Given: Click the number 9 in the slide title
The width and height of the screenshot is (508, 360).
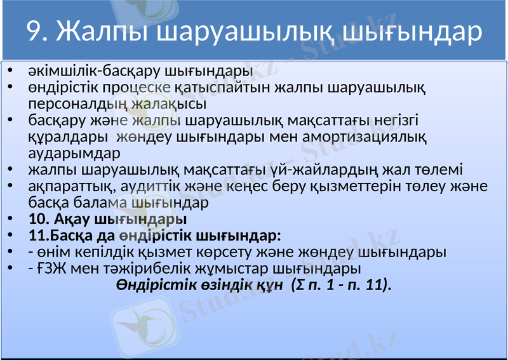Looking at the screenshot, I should pyautogui.click(x=36, y=32).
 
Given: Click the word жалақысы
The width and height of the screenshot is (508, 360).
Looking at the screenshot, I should pyautogui.click(x=170, y=103).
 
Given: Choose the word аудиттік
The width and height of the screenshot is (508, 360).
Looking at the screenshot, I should pyautogui.click(x=151, y=187).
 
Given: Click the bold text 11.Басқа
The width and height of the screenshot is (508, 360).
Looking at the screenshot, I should pyautogui.click(x=58, y=236).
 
